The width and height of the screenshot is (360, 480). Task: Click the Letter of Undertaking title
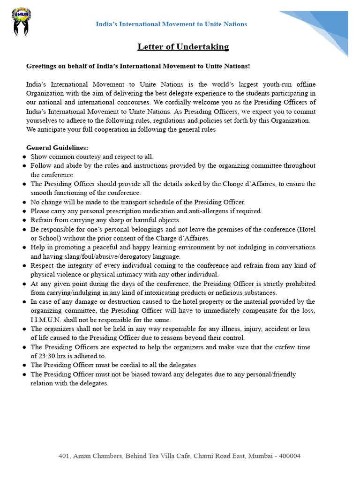183,46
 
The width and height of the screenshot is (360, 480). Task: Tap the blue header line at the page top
171,24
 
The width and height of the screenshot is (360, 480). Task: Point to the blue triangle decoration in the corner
323,26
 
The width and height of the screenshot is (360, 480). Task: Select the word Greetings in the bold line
41,66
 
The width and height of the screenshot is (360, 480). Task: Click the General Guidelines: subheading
57,148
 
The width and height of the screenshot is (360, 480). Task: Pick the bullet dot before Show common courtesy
24,157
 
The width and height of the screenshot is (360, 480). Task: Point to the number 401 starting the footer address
64,456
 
